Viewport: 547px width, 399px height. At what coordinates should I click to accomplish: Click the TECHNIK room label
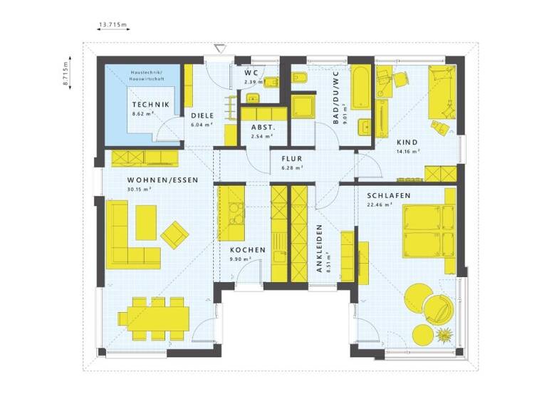(150, 105)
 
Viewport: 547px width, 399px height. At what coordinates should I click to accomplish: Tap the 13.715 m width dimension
(113, 25)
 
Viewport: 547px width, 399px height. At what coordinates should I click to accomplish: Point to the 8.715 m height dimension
(65, 73)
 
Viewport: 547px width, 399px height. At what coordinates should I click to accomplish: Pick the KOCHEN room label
(247, 251)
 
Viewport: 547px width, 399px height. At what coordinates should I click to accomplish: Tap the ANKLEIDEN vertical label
(320, 249)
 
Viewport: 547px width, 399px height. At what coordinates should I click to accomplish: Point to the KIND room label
(407, 142)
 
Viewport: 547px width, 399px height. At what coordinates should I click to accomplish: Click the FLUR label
(292, 160)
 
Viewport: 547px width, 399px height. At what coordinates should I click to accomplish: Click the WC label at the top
(251, 73)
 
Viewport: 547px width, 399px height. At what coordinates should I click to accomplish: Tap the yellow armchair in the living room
(174, 233)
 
